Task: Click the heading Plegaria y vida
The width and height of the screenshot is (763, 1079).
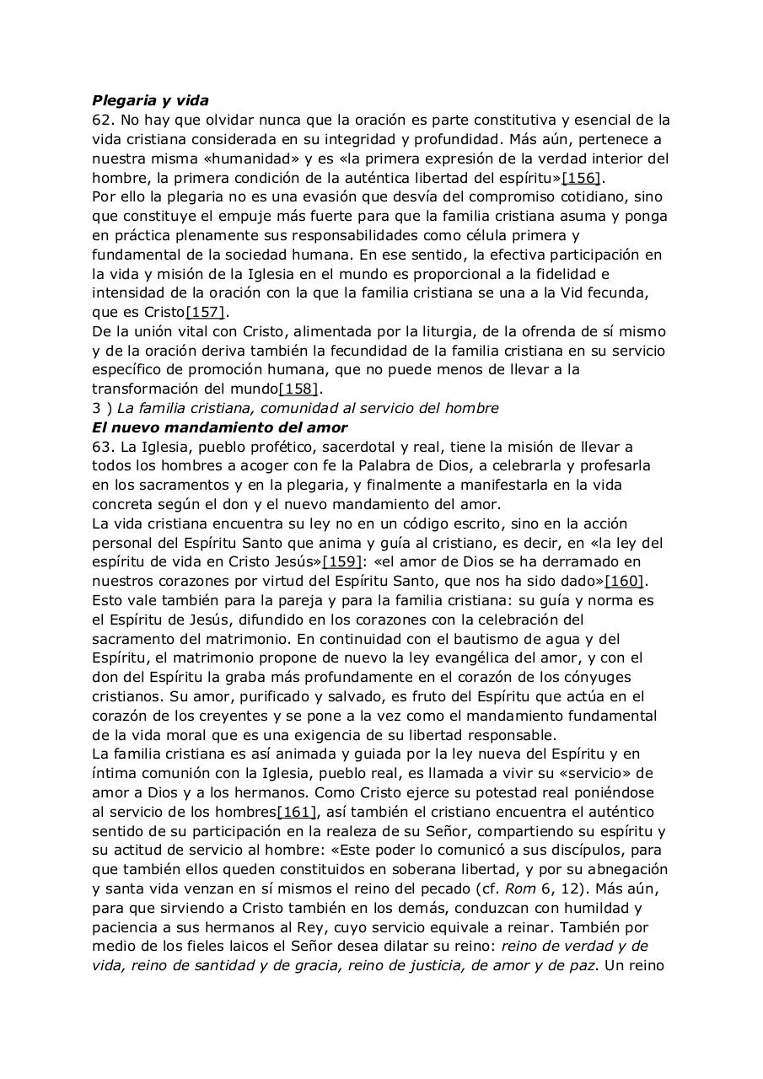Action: point(150,100)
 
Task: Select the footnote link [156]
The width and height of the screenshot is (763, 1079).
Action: point(582,178)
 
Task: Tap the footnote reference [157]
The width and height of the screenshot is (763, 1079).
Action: point(206,312)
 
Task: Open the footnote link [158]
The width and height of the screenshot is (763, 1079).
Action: point(299,389)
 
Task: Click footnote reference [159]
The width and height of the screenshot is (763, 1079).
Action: point(343,561)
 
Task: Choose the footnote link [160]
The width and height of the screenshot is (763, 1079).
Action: point(625,581)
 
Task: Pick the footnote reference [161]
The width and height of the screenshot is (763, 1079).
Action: point(297,812)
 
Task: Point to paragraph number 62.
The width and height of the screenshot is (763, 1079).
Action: point(103,120)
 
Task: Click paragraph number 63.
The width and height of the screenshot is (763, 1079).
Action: point(103,447)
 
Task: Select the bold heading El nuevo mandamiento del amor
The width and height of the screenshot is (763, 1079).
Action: point(219,427)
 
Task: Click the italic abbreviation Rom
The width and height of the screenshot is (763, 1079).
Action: point(519,888)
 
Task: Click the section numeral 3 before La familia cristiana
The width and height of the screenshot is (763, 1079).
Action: point(96,408)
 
